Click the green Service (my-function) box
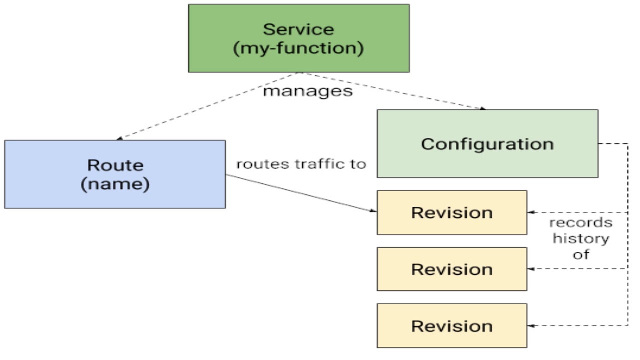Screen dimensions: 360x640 299,38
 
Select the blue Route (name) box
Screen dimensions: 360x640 115,174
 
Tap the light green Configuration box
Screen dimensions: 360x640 487,144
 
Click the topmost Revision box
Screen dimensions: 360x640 452,212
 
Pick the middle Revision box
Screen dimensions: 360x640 452,269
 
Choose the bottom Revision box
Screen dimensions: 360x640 452,326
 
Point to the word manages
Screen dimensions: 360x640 308,91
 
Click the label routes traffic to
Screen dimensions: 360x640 301,164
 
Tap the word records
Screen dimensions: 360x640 581,223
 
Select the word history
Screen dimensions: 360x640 581,238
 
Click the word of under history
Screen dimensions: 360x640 581,254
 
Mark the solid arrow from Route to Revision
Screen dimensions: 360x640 300,193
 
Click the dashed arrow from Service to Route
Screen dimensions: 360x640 210,106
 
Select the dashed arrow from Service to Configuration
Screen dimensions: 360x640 395,91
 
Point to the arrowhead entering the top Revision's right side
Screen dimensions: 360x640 531,213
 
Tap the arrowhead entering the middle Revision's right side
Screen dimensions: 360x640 531,269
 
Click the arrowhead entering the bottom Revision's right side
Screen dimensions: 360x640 531,326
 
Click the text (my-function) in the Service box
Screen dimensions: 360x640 299,49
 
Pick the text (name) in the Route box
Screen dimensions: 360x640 115,184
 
